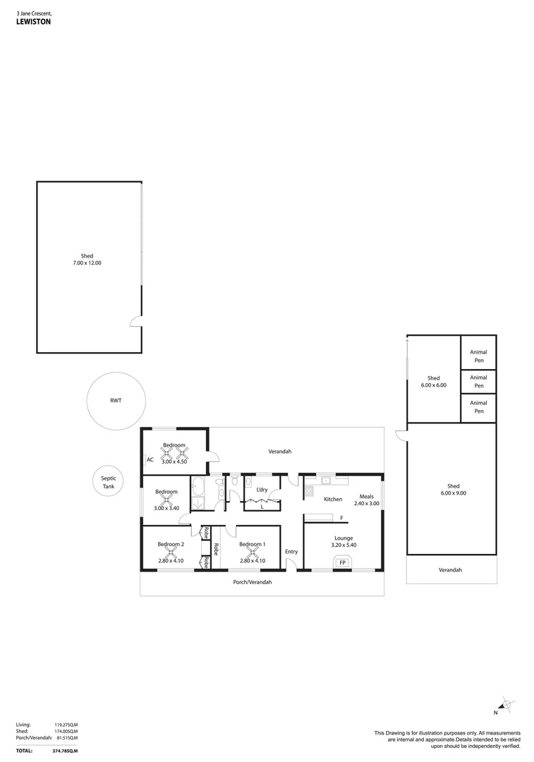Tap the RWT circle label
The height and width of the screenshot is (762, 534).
pyautogui.click(x=116, y=401)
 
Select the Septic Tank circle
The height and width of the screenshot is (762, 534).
pyautogui.click(x=109, y=483)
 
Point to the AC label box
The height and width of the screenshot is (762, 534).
pyautogui.click(x=150, y=460)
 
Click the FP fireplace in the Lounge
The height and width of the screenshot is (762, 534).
pyautogui.click(x=342, y=562)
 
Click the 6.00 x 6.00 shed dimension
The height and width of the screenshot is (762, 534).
pyautogui.click(x=433, y=385)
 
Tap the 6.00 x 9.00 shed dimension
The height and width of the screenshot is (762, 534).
pyautogui.click(x=453, y=493)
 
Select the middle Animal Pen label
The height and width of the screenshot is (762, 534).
pyautogui.click(x=479, y=382)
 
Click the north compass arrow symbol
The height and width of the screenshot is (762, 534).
pyautogui.click(x=506, y=704)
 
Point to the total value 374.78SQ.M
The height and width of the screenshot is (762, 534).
pyautogui.click(x=64, y=751)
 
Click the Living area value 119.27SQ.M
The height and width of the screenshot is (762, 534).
pyautogui.click(x=66, y=725)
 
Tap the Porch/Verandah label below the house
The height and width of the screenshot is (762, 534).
pyautogui.click(x=252, y=582)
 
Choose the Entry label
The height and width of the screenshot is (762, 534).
pyautogui.click(x=291, y=552)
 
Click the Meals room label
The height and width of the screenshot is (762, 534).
pyautogui.click(x=366, y=496)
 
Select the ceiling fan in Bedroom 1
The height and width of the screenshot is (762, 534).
pyautogui.click(x=252, y=553)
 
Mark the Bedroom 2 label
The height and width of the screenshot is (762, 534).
pyautogui.click(x=171, y=544)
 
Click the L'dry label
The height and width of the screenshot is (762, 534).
pyautogui.click(x=261, y=490)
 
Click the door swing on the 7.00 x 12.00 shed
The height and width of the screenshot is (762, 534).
pyautogui.click(x=135, y=323)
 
